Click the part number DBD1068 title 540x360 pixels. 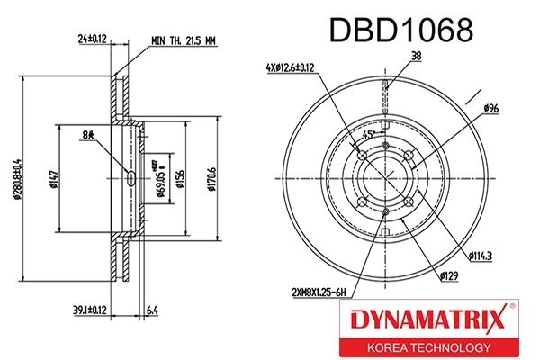point(402,31)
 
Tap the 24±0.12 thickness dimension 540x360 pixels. point(92,39)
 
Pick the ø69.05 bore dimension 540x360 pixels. point(159,179)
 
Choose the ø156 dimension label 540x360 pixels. point(180,179)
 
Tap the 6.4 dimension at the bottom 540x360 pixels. point(153,310)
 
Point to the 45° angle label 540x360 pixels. point(367,135)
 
